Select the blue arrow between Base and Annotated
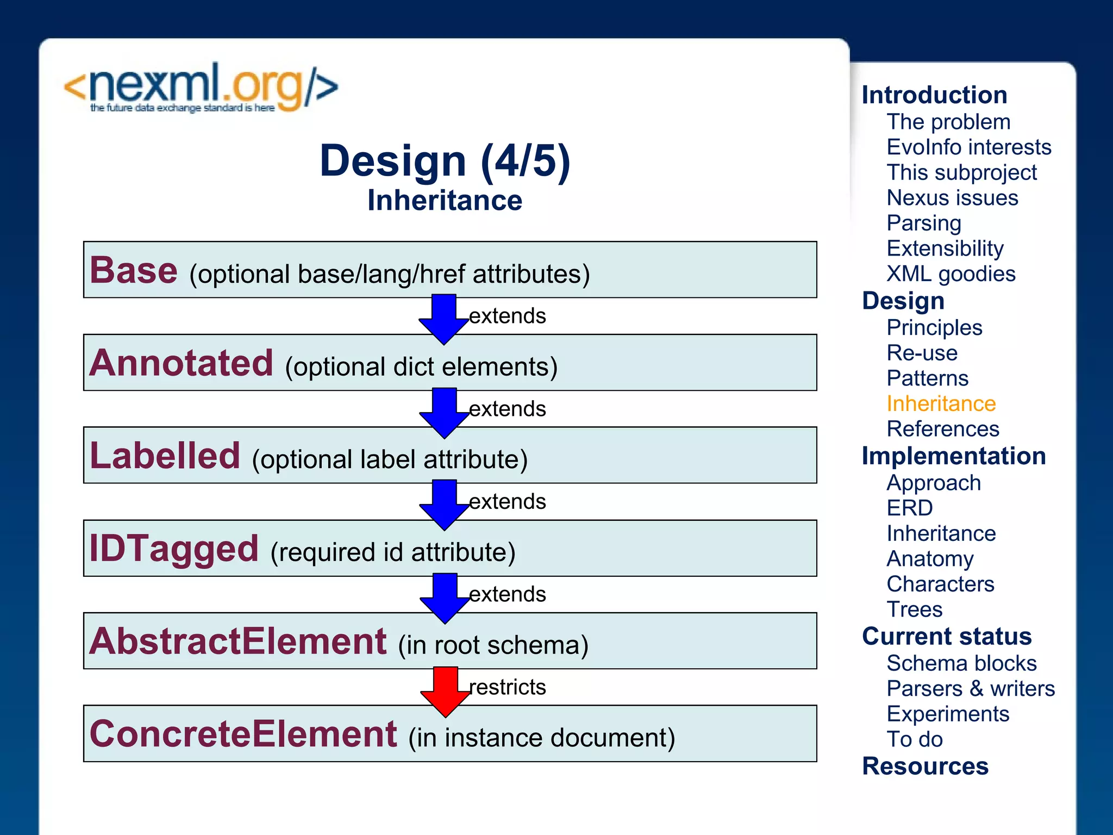pos(444,319)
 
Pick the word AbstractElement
pos(238,641)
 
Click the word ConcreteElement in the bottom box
pos(243,734)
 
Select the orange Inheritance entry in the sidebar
pos(941,404)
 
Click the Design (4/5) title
pos(445,161)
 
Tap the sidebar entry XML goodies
pos(951,274)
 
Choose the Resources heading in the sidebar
pos(925,767)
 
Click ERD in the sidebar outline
pos(909,508)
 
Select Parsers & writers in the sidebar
pos(970,689)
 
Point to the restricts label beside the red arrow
pos(507,687)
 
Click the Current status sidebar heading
pos(946,637)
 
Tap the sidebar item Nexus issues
pos(952,198)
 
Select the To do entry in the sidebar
pos(914,739)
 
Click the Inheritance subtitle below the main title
pos(445,201)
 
